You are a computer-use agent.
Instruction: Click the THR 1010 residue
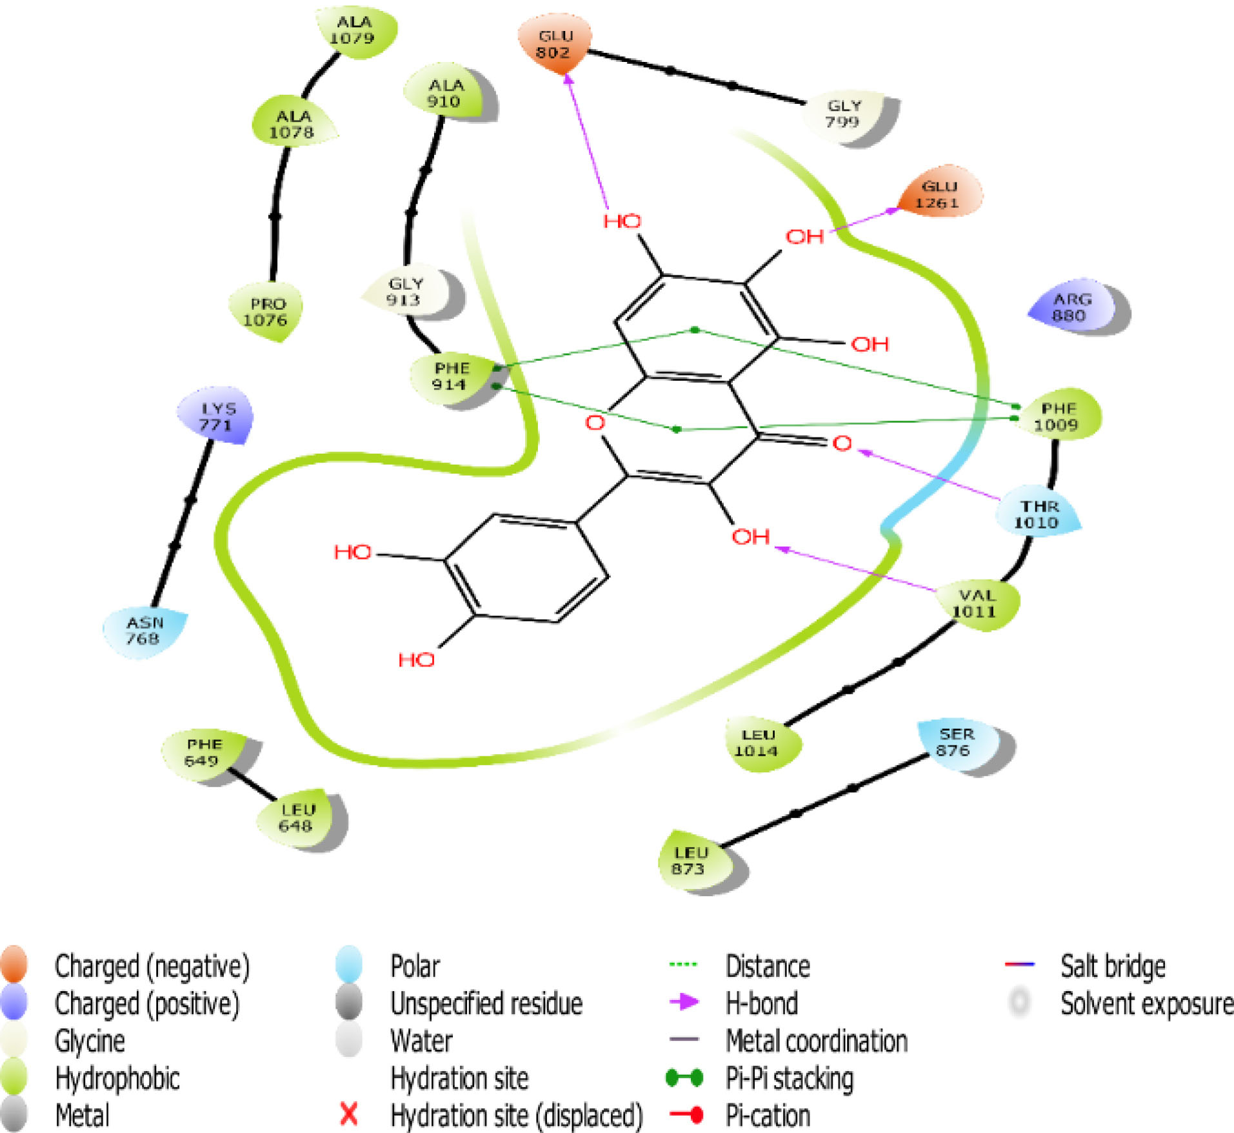(x=1038, y=514)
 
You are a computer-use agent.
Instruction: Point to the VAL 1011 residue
(x=976, y=603)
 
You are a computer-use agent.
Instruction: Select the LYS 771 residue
(x=216, y=417)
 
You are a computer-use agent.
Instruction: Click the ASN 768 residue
(x=143, y=630)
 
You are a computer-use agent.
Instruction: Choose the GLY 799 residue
(x=843, y=114)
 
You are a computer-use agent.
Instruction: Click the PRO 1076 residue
(x=266, y=312)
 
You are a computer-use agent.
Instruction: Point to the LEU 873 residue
(x=690, y=860)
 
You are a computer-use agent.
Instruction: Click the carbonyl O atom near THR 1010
(x=842, y=443)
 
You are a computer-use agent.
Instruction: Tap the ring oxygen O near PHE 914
(x=595, y=423)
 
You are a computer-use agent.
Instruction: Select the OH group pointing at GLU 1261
(x=804, y=237)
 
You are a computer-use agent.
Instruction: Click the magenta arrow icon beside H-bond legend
(x=684, y=1002)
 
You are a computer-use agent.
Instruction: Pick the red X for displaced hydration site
(x=349, y=1114)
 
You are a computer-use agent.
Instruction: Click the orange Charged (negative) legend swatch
(x=14, y=965)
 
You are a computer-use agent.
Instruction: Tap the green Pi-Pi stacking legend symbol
(x=684, y=1078)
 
